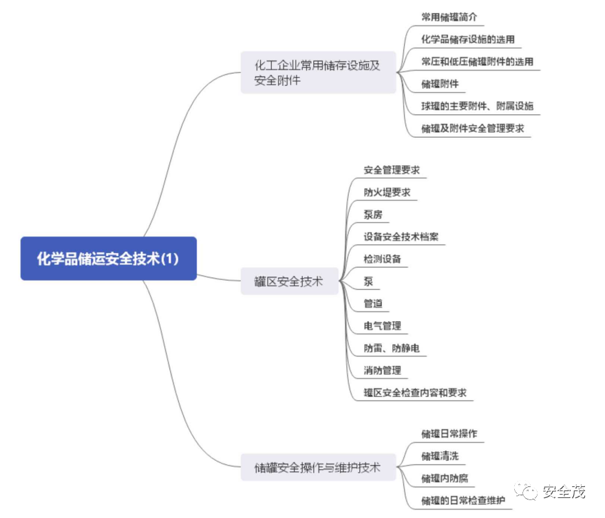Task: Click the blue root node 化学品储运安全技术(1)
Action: click(108, 259)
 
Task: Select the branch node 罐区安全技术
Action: click(288, 281)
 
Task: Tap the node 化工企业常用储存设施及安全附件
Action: click(317, 73)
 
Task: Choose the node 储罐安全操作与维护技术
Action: click(317, 468)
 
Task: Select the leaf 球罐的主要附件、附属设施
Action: click(477, 106)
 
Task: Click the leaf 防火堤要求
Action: click(387, 192)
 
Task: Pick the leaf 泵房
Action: click(372, 214)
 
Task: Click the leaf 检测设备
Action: click(382, 259)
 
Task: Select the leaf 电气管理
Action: click(382, 325)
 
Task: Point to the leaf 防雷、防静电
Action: click(391, 348)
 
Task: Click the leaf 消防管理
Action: click(382, 370)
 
